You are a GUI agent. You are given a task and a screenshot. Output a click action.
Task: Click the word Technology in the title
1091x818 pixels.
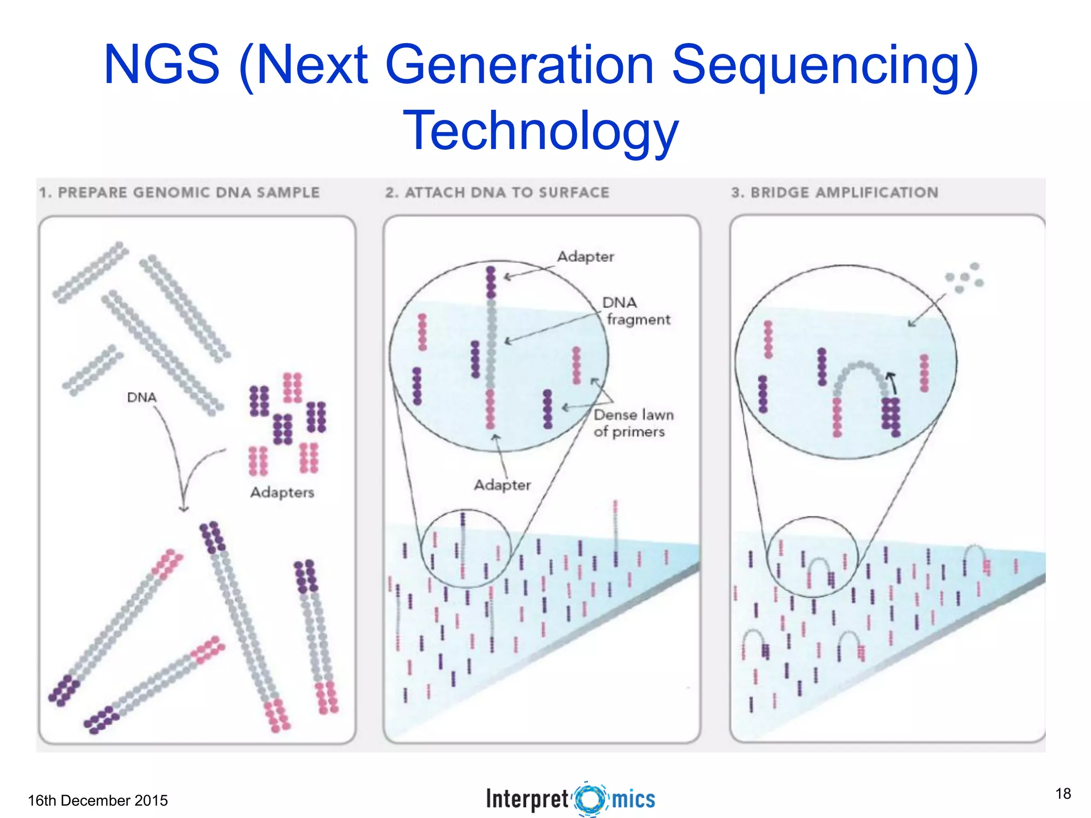540,130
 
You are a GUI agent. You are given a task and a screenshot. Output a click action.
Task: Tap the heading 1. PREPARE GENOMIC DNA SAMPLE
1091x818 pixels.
179,192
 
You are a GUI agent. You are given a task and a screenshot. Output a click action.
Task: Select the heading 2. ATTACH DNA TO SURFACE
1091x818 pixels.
497,192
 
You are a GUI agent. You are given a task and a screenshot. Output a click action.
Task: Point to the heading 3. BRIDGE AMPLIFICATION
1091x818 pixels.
834,192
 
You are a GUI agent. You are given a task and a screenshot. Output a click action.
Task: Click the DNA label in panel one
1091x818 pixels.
142,397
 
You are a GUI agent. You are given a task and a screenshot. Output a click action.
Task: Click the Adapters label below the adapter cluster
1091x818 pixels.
282,492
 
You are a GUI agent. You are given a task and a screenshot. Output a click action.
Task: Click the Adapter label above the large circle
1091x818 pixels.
585,257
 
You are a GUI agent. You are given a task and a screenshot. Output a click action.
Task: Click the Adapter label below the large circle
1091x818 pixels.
502,485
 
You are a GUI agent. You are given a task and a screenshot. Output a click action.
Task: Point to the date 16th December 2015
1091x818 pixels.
97,800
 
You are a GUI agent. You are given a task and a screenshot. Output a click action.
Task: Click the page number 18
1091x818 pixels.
1063,794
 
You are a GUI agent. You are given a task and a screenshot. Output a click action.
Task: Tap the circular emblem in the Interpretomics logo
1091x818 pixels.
590,799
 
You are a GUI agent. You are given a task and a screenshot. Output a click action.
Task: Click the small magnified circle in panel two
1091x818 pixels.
466,549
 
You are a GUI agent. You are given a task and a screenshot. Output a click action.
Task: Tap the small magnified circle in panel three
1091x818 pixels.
812,557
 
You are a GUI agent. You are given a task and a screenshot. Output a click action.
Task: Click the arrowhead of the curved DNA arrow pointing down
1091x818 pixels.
183,509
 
